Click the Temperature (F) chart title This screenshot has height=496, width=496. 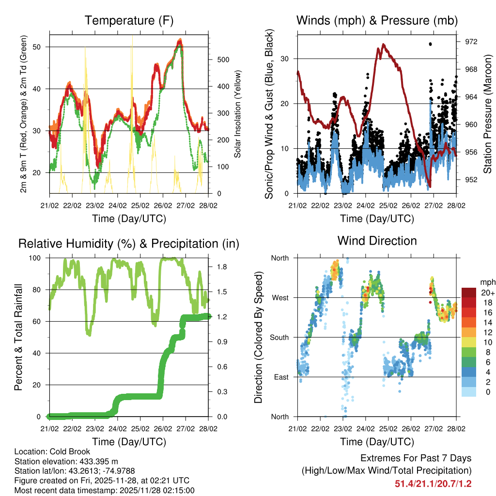coord(128,21)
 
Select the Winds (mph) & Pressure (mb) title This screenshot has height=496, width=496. coord(377,21)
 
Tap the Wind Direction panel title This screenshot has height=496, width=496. coord(377,241)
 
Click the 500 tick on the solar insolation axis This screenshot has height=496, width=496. coord(222,60)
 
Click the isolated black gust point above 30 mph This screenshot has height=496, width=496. coord(430,44)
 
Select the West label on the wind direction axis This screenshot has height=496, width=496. coord(279,297)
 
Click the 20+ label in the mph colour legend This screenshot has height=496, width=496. coord(487,293)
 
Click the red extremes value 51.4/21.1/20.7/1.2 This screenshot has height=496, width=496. coord(433,483)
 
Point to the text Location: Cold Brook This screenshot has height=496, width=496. coord(52,452)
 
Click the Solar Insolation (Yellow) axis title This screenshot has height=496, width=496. coord(237,114)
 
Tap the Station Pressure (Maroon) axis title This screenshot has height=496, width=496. coord(488,114)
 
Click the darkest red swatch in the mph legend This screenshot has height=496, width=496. coord(468,293)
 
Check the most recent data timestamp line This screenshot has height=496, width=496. coord(104,490)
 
